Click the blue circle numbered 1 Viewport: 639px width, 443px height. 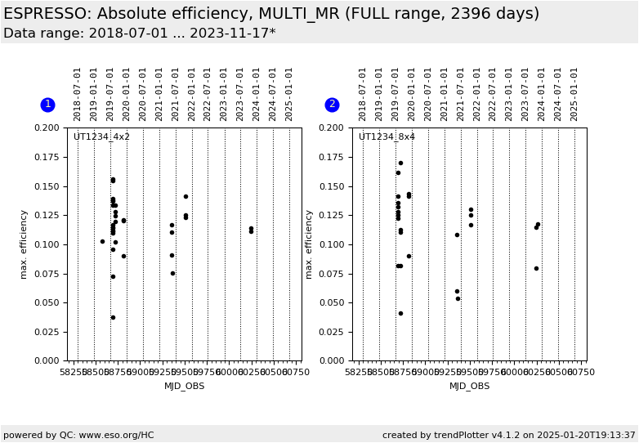(x=47, y=105)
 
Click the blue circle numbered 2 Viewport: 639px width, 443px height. (x=332, y=105)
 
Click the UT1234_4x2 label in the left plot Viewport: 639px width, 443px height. (x=101, y=137)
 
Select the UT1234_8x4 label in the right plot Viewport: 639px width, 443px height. (x=387, y=137)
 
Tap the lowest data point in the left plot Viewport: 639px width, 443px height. (x=113, y=317)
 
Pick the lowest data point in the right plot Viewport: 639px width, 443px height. (x=400, y=313)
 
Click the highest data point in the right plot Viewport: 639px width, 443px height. (x=400, y=163)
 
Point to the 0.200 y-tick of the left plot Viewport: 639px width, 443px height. (x=47, y=128)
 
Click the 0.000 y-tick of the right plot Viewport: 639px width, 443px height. (x=333, y=361)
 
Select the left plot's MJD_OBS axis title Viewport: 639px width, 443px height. (x=184, y=387)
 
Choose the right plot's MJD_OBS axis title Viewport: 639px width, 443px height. (x=469, y=387)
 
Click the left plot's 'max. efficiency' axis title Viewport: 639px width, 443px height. (x=25, y=244)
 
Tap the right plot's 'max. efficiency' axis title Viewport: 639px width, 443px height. (x=310, y=244)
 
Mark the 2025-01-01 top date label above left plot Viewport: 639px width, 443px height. (x=289, y=94)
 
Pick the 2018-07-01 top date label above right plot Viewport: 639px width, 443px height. (x=363, y=94)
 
